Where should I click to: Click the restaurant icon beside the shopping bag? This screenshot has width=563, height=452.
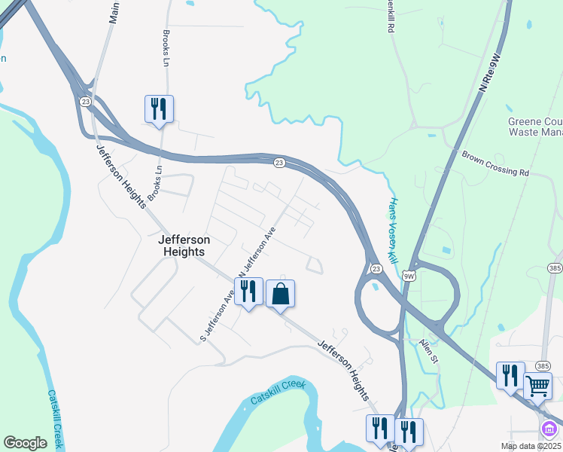click(248, 291)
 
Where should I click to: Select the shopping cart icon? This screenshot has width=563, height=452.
click(537, 386)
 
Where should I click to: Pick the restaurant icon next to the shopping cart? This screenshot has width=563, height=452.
click(510, 374)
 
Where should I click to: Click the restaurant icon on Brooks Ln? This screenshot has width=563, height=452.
click(159, 108)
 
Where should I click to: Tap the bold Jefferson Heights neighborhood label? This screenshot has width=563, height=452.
click(184, 246)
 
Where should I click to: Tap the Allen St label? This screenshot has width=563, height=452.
click(428, 350)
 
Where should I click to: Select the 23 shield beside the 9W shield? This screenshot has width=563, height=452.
click(376, 268)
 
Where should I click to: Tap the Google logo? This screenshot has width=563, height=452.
click(25, 443)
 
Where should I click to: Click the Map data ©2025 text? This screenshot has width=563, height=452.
click(530, 446)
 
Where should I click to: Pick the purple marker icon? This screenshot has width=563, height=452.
click(550, 430)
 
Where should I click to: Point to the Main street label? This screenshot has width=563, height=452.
click(114, 11)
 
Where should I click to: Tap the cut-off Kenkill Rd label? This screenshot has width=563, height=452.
click(390, 17)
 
